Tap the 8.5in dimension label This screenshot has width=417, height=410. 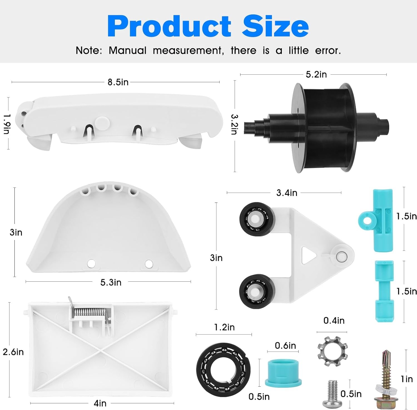[118, 82]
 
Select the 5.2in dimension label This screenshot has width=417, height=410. [316, 74]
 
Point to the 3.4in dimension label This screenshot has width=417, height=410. [287, 193]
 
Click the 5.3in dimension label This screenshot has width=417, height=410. [111, 282]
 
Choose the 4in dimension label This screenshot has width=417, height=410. [100, 403]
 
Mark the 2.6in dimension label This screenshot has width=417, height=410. [13, 352]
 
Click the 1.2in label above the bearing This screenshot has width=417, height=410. [224, 327]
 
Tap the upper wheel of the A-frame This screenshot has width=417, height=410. [255, 219]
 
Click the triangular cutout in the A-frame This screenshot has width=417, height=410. [308, 255]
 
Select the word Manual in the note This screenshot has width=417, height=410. [127, 51]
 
